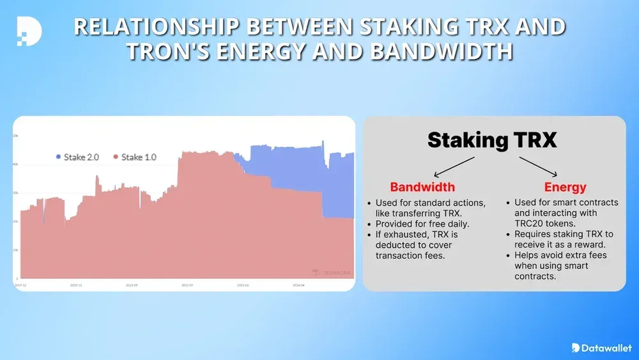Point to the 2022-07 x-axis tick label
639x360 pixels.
[x=187, y=285]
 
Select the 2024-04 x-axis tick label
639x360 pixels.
[x=298, y=285]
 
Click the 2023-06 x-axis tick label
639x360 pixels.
[x=242, y=285]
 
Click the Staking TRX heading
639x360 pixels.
[x=492, y=139]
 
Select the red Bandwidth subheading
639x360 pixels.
[x=422, y=187]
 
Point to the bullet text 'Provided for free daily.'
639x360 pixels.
[x=422, y=224]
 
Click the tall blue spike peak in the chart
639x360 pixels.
[x=323, y=141]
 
